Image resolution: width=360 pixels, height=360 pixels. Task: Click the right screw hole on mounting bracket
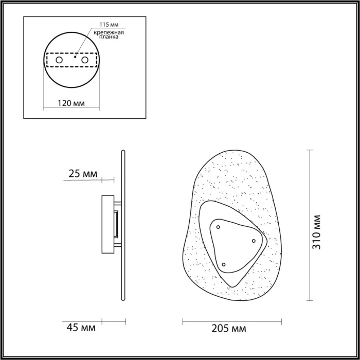point(85,61)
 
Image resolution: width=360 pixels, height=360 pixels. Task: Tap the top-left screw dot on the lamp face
point(218,227)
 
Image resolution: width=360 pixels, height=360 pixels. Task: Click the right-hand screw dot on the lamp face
point(254,241)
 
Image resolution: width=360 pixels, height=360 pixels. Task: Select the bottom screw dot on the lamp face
point(224,265)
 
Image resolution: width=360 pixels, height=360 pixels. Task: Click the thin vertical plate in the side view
point(123,226)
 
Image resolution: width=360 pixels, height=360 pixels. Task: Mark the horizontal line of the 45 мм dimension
point(114,321)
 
